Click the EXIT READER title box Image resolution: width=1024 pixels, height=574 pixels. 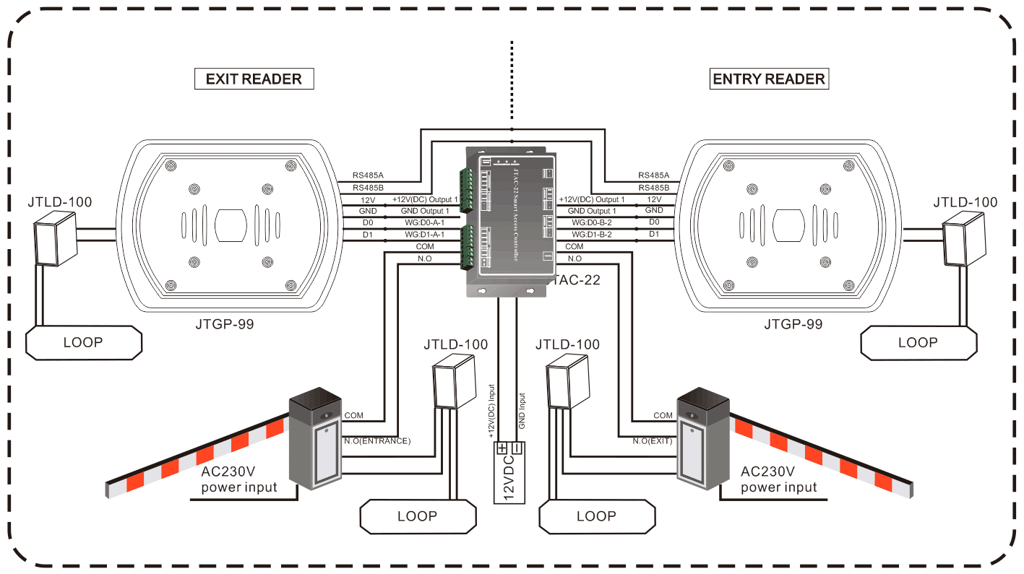[254, 79]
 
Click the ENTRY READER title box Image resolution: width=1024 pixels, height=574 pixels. [769, 79]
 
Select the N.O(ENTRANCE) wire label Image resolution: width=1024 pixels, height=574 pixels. [377, 440]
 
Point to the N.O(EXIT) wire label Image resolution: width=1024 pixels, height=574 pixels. [653, 440]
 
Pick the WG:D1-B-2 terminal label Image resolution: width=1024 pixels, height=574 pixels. [591, 234]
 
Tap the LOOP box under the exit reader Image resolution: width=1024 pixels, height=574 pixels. [83, 342]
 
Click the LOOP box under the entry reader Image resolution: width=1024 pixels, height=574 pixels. [918, 342]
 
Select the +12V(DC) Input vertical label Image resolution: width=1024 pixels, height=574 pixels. [491, 412]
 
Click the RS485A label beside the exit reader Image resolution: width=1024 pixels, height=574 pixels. [369, 175]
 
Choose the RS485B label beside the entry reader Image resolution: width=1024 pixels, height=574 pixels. [654, 187]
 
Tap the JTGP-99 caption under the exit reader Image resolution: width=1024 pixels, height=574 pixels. [225, 324]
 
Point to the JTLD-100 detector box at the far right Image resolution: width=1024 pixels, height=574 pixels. [964, 242]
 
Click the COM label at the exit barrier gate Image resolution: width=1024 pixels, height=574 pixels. [663, 415]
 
